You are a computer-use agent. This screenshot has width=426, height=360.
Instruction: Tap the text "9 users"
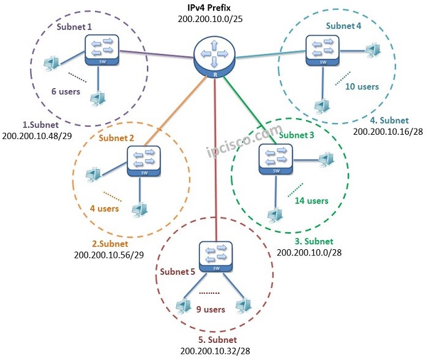point(210,310)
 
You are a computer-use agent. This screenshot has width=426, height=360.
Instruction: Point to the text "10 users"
point(362,86)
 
